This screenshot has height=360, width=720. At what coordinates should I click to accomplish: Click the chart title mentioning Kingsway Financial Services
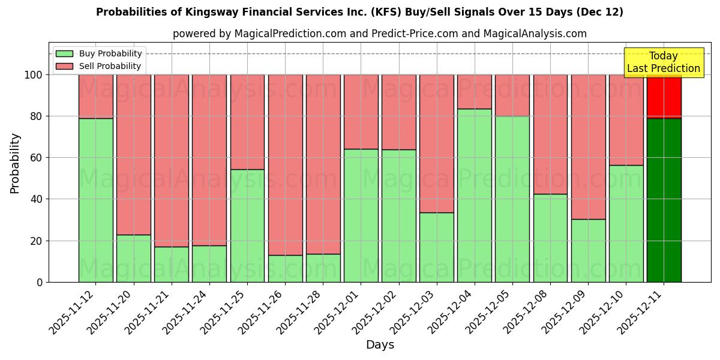click(359, 12)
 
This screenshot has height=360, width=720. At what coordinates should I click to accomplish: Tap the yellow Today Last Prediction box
click(663, 62)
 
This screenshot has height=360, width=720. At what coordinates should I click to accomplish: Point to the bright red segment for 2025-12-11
click(664, 96)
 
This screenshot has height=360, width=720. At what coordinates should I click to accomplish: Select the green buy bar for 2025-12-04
click(474, 195)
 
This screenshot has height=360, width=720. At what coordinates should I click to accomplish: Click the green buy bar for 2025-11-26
click(285, 268)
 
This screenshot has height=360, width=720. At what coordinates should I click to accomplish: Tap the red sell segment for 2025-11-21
click(172, 160)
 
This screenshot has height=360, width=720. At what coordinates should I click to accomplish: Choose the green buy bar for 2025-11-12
click(96, 200)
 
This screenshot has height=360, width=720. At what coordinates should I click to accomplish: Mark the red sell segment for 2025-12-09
click(588, 146)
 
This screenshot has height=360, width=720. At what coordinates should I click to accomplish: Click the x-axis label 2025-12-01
click(337, 315)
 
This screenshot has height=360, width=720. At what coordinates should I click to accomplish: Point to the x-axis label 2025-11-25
click(223, 315)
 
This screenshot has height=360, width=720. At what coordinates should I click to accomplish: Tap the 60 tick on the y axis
click(37, 158)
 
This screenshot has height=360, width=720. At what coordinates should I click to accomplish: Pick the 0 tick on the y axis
click(40, 282)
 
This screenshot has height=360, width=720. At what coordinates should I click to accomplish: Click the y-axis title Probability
click(15, 163)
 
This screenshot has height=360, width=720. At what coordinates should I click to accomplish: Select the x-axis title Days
click(380, 345)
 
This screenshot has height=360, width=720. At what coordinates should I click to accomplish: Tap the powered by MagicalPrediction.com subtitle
click(379, 34)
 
